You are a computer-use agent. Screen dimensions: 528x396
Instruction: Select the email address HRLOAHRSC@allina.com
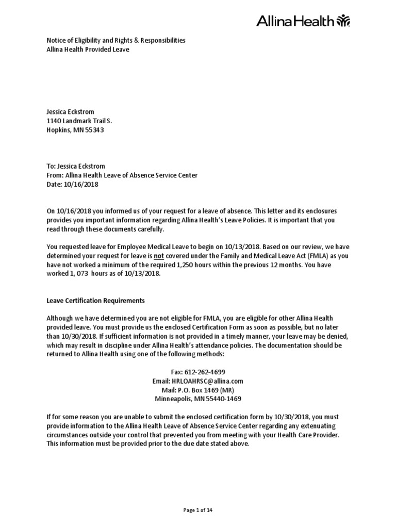198,381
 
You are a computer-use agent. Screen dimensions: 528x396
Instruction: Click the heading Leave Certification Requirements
95,301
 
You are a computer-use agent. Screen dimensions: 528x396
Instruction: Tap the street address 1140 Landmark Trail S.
79,121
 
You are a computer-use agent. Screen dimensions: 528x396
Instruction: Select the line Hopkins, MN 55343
75,130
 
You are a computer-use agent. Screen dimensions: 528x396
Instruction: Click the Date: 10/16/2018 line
72,184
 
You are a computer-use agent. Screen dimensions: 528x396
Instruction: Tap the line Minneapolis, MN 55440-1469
198,399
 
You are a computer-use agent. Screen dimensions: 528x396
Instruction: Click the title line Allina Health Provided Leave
88,49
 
